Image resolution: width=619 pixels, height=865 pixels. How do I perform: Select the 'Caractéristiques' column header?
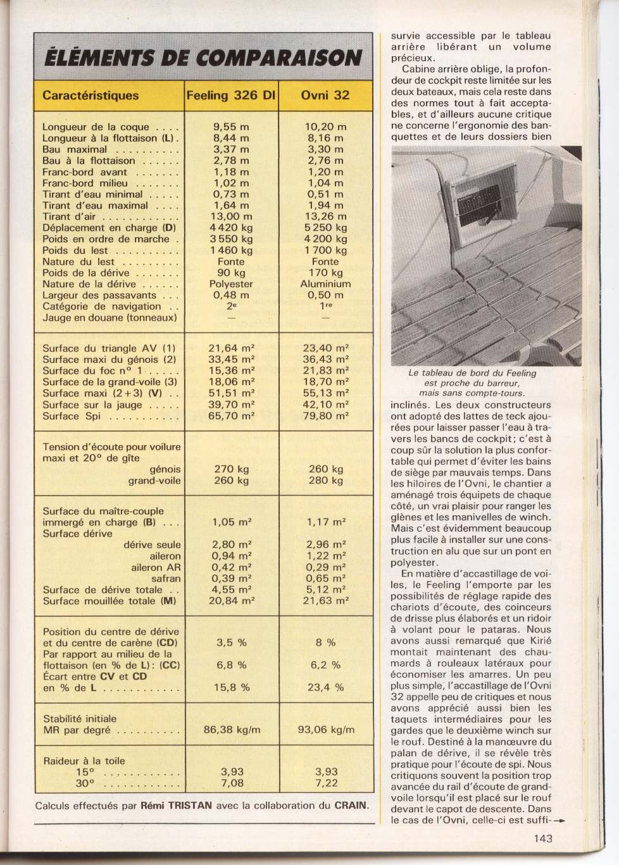pyautogui.click(x=91, y=96)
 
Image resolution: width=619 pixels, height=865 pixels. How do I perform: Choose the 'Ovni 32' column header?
pyautogui.click(x=325, y=96)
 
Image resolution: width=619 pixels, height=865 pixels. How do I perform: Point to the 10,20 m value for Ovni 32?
pyautogui.click(x=325, y=126)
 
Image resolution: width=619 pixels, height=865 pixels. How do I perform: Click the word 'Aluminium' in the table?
pyautogui.click(x=325, y=284)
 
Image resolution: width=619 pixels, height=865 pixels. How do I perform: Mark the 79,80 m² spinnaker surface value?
pyautogui.click(x=325, y=416)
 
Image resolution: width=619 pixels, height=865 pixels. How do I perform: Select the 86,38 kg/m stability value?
pyautogui.click(x=232, y=730)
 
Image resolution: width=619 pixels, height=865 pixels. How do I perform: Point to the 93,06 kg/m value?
pyautogui.click(x=326, y=730)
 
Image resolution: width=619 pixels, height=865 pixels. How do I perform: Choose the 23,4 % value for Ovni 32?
pyautogui.click(x=326, y=687)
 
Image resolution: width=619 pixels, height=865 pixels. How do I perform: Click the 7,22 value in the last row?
pyautogui.click(x=326, y=783)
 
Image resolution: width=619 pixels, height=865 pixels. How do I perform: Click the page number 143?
pyautogui.click(x=542, y=838)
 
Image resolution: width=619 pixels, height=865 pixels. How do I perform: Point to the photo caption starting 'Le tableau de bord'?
pyautogui.click(x=472, y=383)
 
